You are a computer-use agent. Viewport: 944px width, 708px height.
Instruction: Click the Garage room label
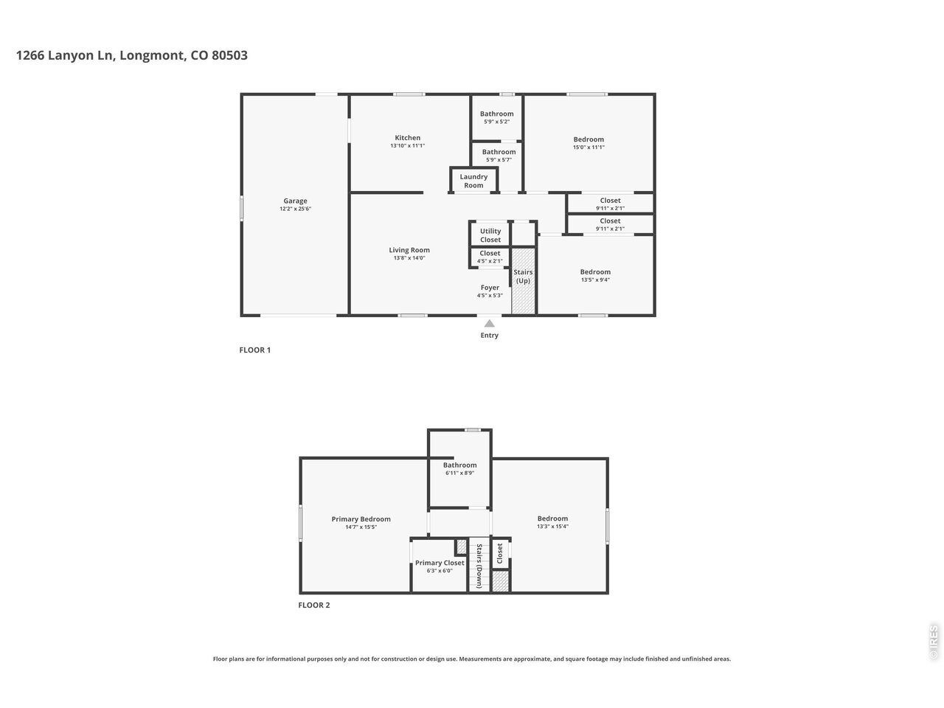(295, 201)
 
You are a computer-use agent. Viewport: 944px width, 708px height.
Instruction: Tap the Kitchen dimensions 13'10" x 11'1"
(407, 146)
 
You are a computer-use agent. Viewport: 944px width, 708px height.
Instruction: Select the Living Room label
(409, 250)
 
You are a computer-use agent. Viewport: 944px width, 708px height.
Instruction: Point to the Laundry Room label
(473, 181)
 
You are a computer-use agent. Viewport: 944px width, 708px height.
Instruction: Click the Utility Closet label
(490, 235)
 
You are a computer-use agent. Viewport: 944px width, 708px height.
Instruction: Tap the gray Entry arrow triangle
(490, 323)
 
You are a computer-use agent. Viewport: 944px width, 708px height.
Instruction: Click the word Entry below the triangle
(490, 336)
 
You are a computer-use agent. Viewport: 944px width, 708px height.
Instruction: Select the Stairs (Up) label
(523, 277)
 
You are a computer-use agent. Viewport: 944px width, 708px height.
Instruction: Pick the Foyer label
(490, 288)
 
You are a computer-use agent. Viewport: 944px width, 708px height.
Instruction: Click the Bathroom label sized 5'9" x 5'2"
(497, 114)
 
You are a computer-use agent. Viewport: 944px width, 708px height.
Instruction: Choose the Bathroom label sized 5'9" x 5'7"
(499, 152)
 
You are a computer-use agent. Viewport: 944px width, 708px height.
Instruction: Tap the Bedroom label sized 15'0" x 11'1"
(589, 139)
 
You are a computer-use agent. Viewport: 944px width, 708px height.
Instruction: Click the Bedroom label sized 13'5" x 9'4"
(595, 271)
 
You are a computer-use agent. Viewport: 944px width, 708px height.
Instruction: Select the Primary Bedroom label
(361, 519)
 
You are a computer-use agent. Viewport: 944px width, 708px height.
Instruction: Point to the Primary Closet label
(440, 563)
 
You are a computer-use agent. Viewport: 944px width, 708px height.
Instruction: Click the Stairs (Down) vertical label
(479, 566)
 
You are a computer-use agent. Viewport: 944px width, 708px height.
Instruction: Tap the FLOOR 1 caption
(255, 350)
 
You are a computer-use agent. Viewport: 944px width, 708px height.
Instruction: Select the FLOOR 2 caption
(314, 605)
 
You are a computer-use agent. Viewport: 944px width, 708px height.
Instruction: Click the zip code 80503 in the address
(229, 55)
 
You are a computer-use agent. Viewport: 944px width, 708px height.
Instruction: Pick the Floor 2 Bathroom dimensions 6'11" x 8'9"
(459, 473)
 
